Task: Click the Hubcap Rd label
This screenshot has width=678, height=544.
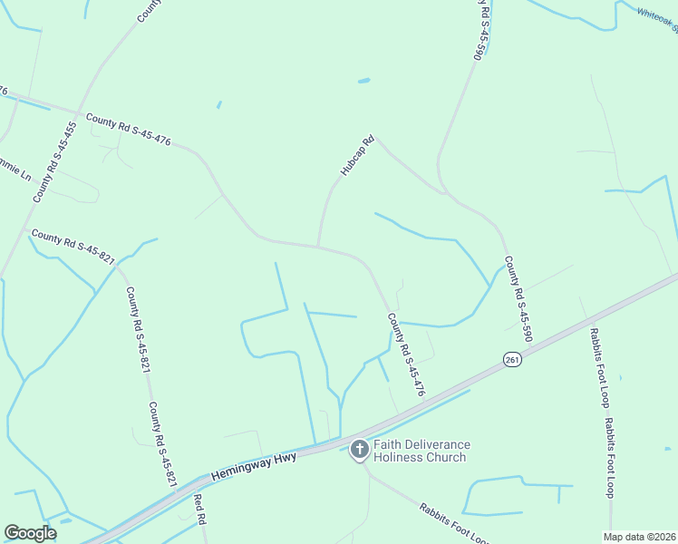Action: click(x=357, y=156)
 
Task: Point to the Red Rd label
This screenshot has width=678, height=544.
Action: click(x=200, y=508)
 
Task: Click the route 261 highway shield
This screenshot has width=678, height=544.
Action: click(x=513, y=359)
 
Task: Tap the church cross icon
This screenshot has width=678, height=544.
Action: click(x=359, y=448)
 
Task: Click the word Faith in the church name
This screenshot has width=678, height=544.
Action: click(x=389, y=444)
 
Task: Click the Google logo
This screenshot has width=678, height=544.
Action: click(x=30, y=533)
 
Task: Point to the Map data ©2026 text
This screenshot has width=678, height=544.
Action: click(x=640, y=537)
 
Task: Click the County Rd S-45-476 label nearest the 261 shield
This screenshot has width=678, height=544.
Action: click(x=405, y=355)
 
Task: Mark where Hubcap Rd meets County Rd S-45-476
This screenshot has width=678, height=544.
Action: click(x=317, y=246)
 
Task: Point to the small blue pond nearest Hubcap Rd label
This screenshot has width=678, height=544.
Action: click(x=363, y=81)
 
